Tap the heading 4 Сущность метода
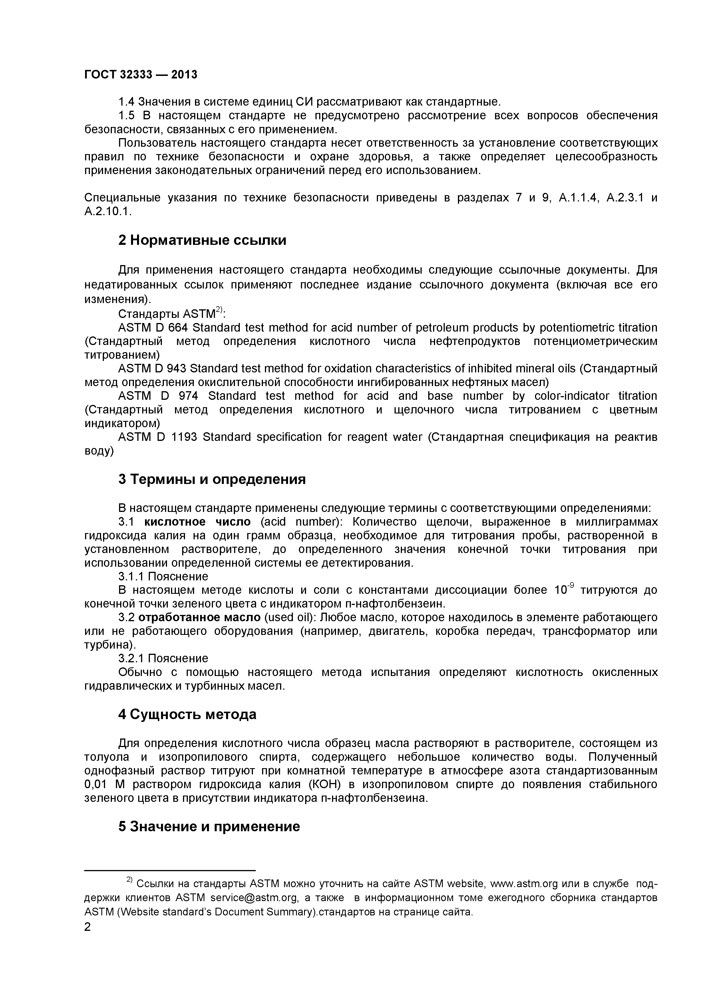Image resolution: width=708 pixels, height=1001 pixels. click(x=187, y=714)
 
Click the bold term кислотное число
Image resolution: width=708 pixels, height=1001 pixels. click(x=198, y=522)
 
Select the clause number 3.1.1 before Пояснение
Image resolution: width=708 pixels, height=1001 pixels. click(x=131, y=576)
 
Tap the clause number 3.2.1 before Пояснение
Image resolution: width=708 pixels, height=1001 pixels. click(x=131, y=658)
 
